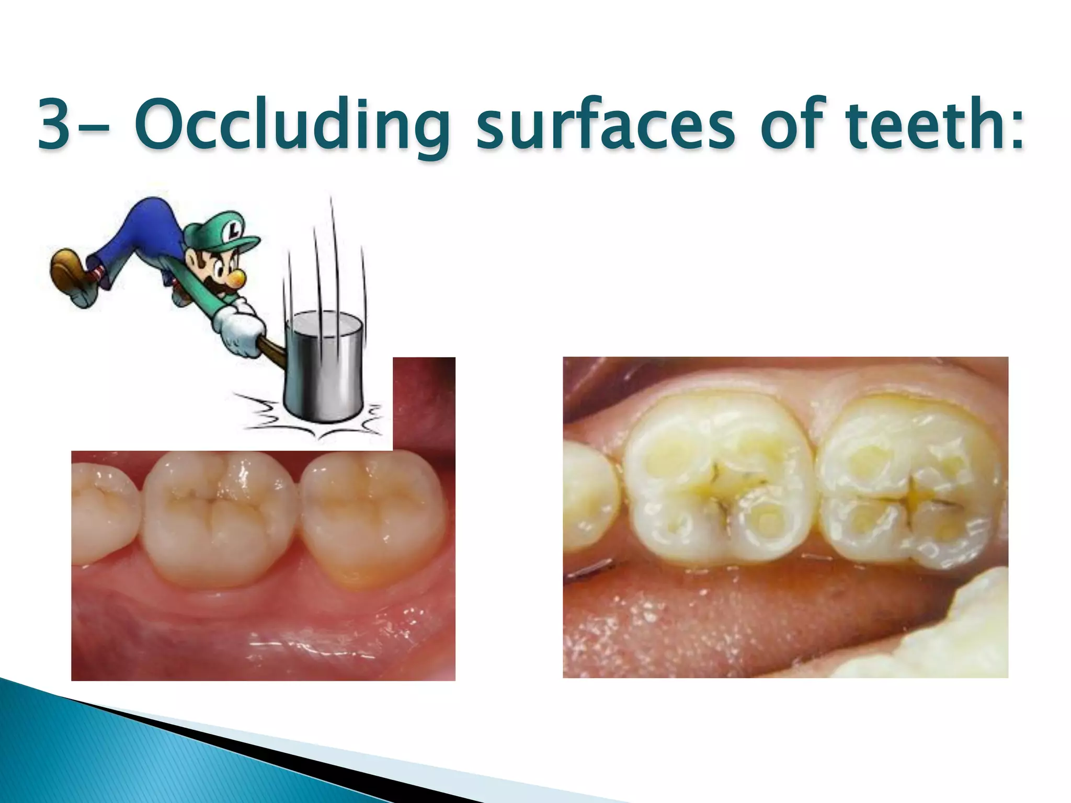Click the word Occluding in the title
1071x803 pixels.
[x=291, y=125]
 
